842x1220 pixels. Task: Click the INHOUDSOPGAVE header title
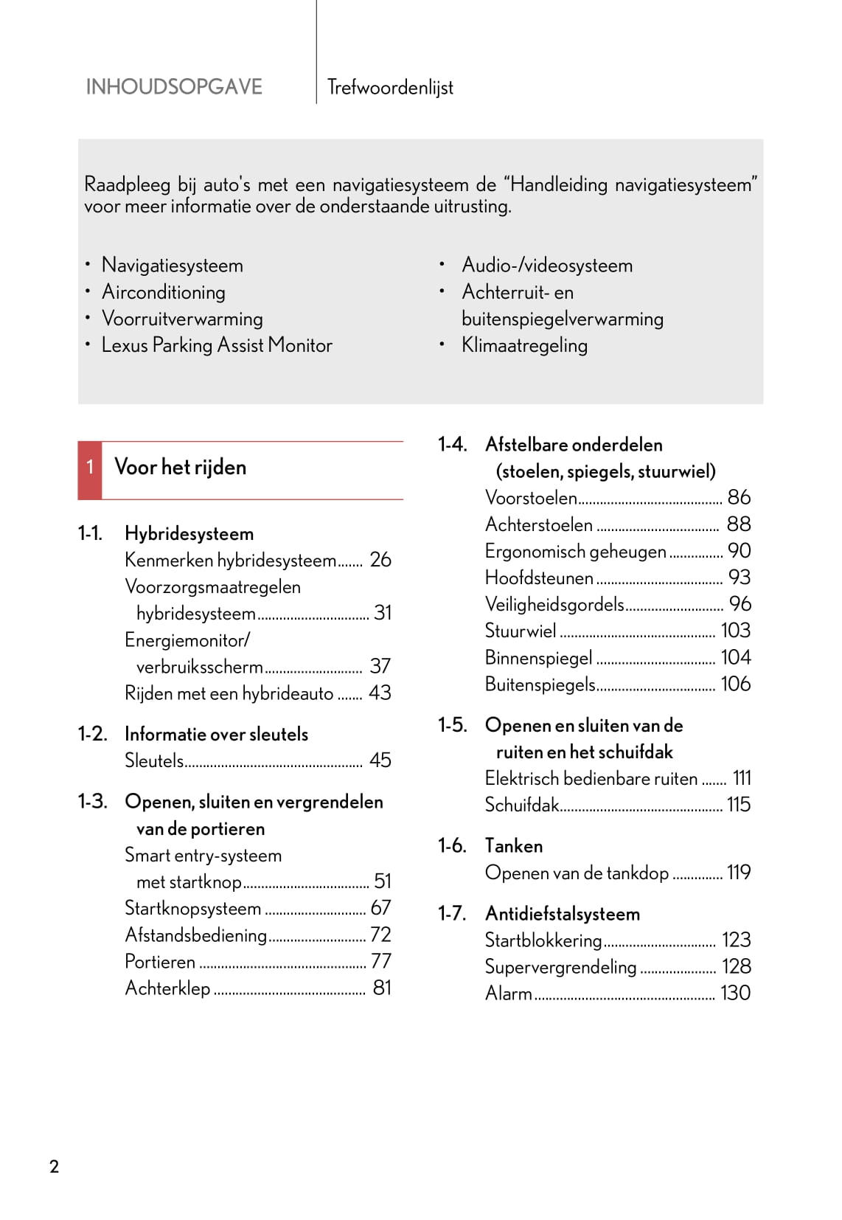pyautogui.click(x=174, y=87)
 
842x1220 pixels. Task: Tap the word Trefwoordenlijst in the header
pyautogui.click(x=390, y=88)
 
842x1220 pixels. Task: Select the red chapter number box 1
pyautogui.click(x=90, y=468)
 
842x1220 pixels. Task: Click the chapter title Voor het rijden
pyautogui.click(x=181, y=468)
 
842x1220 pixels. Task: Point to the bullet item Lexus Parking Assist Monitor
pyautogui.click(x=217, y=345)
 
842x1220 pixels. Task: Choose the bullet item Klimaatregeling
pyautogui.click(x=524, y=345)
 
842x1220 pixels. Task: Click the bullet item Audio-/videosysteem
pyautogui.click(x=547, y=266)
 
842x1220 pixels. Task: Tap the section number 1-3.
pyautogui.click(x=92, y=801)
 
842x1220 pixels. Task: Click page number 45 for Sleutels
pyautogui.click(x=380, y=760)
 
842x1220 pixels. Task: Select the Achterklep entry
pyautogui.click(x=168, y=988)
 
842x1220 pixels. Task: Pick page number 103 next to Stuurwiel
pyautogui.click(x=735, y=631)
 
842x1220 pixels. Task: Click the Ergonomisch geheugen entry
pyautogui.click(x=575, y=551)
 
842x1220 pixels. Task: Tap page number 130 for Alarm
pyautogui.click(x=735, y=993)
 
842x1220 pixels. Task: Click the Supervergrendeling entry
pyautogui.click(x=560, y=967)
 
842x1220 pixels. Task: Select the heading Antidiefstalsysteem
pyautogui.click(x=563, y=914)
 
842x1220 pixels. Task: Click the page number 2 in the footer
pyautogui.click(x=54, y=1166)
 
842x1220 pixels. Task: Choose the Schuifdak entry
pyautogui.click(x=522, y=805)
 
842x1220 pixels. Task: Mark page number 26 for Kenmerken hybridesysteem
pyautogui.click(x=380, y=560)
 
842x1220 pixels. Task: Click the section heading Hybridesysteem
pyautogui.click(x=189, y=533)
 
